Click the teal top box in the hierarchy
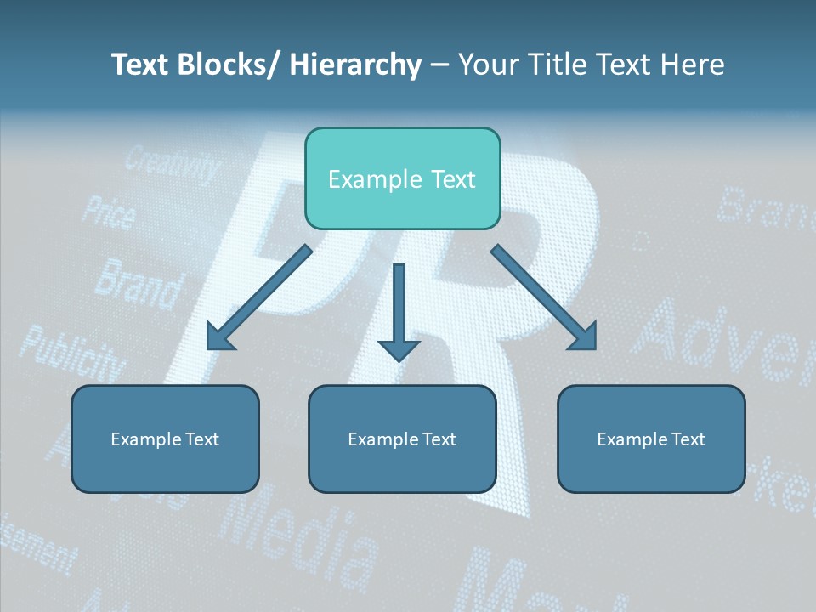coord(402,178)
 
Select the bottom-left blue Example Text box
coord(165,439)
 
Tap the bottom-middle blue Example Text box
coord(402,439)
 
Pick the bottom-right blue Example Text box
coord(651,439)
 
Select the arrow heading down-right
coord(544,297)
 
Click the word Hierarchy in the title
coord(355,65)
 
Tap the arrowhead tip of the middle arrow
coord(399,360)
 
